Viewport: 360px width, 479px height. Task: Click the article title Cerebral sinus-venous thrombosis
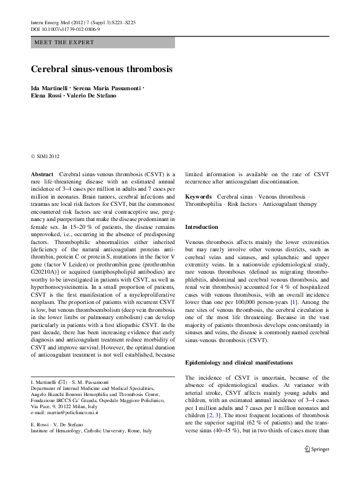101,69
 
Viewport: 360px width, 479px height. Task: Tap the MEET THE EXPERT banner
63,42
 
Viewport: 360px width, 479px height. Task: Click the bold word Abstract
42,174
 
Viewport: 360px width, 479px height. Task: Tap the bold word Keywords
198,197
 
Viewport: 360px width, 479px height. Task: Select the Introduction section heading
201,226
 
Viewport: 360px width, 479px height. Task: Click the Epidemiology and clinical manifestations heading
240,362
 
